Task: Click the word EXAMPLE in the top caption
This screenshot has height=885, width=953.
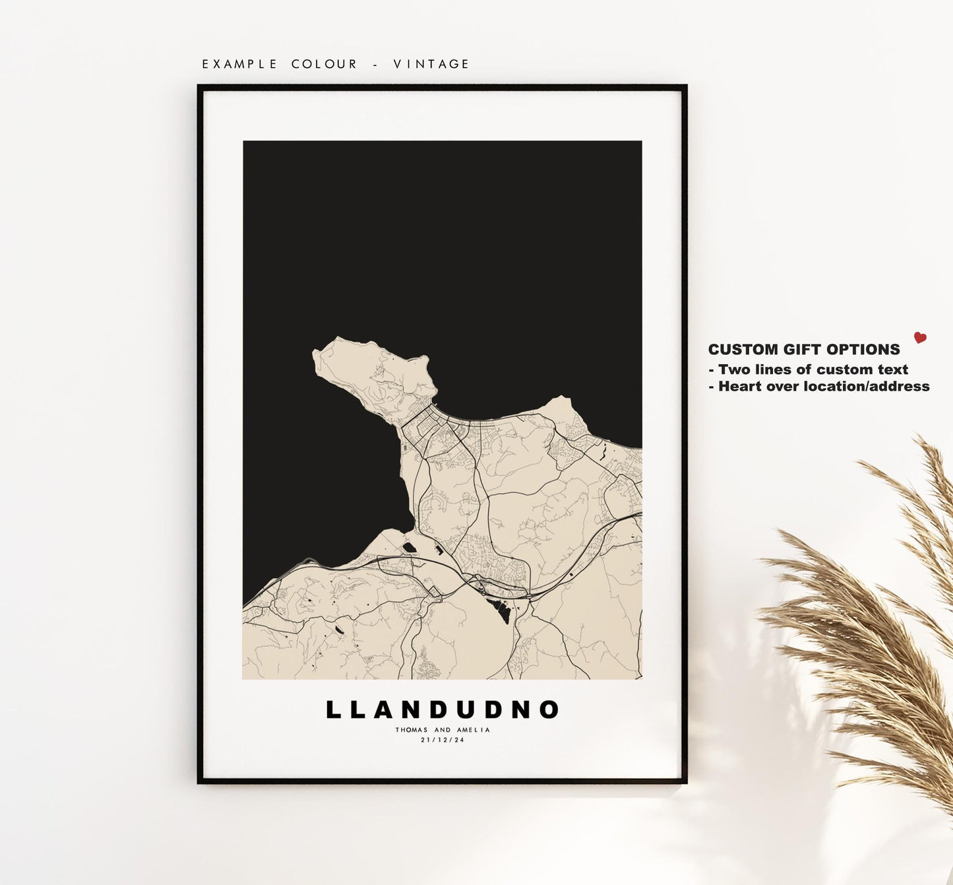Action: tap(240, 64)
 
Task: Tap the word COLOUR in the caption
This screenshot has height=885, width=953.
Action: tap(324, 64)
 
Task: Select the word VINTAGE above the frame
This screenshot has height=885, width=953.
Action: tap(431, 64)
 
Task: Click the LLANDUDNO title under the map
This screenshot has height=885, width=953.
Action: tap(443, 710)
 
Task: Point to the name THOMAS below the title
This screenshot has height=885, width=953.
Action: tap(412, 730)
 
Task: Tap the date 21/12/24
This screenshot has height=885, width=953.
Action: tap(443, 740)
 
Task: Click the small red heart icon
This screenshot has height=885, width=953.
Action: tap(920, 338)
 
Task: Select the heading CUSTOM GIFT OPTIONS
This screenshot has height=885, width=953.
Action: tap(804, 350)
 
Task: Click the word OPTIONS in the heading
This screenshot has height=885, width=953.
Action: tap(868, 350)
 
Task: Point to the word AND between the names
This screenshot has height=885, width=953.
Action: tap(443, 730)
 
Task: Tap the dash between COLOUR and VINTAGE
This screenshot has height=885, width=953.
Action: tap(376, 64)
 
